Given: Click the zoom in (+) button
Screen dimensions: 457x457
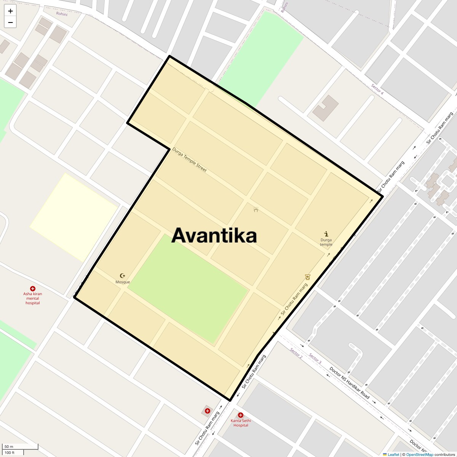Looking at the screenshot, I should pyautogui.click(x=10, y=11).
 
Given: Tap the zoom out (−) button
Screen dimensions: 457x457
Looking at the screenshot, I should pyautogui.click(x=10, y=22).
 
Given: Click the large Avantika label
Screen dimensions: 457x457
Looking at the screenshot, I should pyautogui.click(x=214, y=235).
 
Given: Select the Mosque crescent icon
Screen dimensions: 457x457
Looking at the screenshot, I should pyautogui.click(x=123, y=275).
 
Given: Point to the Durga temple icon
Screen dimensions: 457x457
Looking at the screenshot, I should pyautogui.click(x=326, y=234).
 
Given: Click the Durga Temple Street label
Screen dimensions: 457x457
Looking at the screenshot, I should pyautogui.click(x=189, y=160).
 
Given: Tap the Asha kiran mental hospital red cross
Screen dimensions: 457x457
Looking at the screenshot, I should pyautogui.click(x=33, y=289).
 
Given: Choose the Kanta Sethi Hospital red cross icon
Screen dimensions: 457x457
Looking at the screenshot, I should pyautogui.click(x=240, y=415).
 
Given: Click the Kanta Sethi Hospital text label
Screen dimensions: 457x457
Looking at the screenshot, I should pyautogui.click(x=241, y=423).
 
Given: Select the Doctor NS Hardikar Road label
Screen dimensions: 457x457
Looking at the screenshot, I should pyautogui.click(x=349, y=382).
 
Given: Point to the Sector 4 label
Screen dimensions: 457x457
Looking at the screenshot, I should pyautogui.click(x=377, y=89).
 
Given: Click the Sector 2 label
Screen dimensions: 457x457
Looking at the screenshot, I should pyautogui.click(x=296, y=353).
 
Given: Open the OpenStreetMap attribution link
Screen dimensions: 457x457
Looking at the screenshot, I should pyautogui.click(x=419, y=454).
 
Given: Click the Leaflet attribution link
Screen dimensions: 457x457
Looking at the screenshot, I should pyautogui.click(x=393, y=454).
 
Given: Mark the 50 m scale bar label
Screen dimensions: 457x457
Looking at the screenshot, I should pyautogui.click(x=9, y=446).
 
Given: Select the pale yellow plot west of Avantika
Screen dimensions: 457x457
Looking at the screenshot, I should pyautogui.click(x=74, y=217).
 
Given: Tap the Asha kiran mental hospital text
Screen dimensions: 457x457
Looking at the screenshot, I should pyautogui.click(x=33, y=298).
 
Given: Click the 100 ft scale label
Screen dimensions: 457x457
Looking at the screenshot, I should pyautogui.click(x=10, y=452).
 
